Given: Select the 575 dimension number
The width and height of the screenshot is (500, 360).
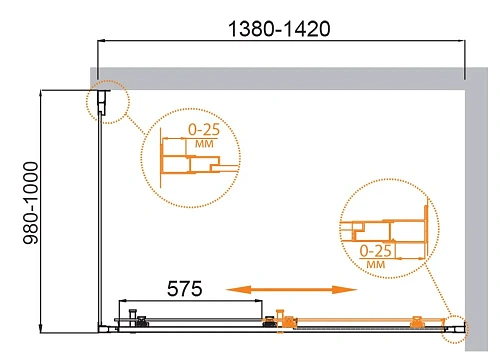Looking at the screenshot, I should click(x=183, y=289).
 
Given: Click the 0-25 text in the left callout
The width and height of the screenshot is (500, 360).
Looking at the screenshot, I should click(x=205, y=129).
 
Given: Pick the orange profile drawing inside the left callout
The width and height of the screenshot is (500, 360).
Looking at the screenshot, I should click(x=184, y=160).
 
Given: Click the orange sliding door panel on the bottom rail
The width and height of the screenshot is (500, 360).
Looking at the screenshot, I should click(x=360, y=323).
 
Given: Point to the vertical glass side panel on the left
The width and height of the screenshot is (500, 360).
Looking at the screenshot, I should click(x=100, y=220).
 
